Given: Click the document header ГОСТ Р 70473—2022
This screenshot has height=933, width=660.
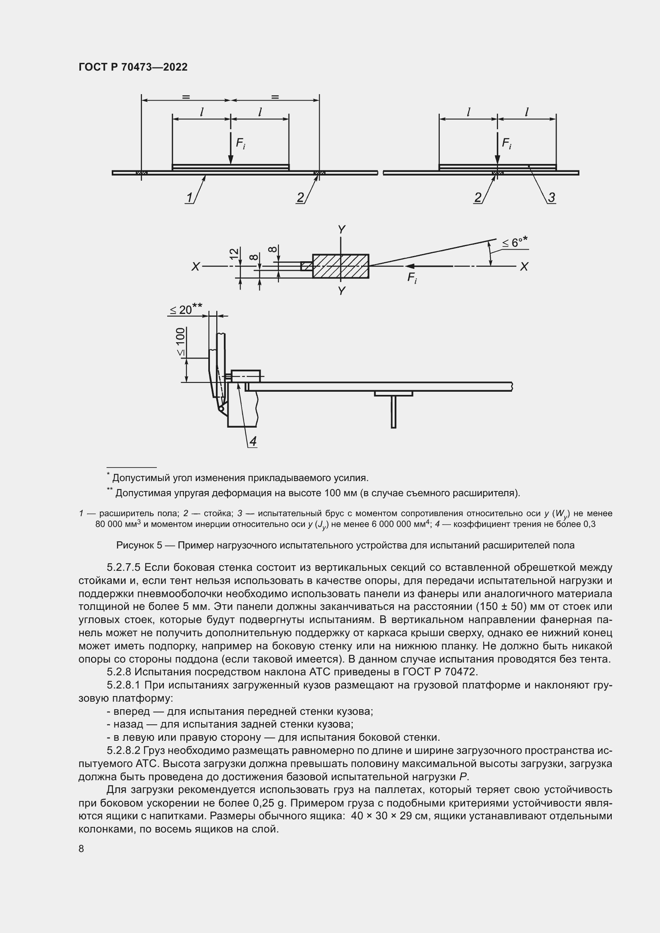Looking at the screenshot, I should point(133,67).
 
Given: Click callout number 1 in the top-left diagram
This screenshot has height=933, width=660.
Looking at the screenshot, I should point(190,197).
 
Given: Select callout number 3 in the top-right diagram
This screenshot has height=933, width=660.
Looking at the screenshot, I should point(551,197).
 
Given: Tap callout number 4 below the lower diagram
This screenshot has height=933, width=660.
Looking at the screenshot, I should point(253,441).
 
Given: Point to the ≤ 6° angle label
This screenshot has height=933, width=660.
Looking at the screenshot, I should point(514,243).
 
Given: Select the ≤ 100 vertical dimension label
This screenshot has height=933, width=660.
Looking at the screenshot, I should point(180,342).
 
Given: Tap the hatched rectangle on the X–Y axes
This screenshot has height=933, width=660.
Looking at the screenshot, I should point(340,266).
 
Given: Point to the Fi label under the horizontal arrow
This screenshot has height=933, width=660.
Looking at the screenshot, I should point(412,278).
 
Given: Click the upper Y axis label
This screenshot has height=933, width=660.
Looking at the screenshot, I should point(342,230).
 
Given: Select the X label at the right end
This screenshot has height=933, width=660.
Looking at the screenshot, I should point(524,266).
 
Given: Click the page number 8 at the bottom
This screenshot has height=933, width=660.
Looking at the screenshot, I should point(81,848).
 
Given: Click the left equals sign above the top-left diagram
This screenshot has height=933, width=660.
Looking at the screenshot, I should point(186,97).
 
